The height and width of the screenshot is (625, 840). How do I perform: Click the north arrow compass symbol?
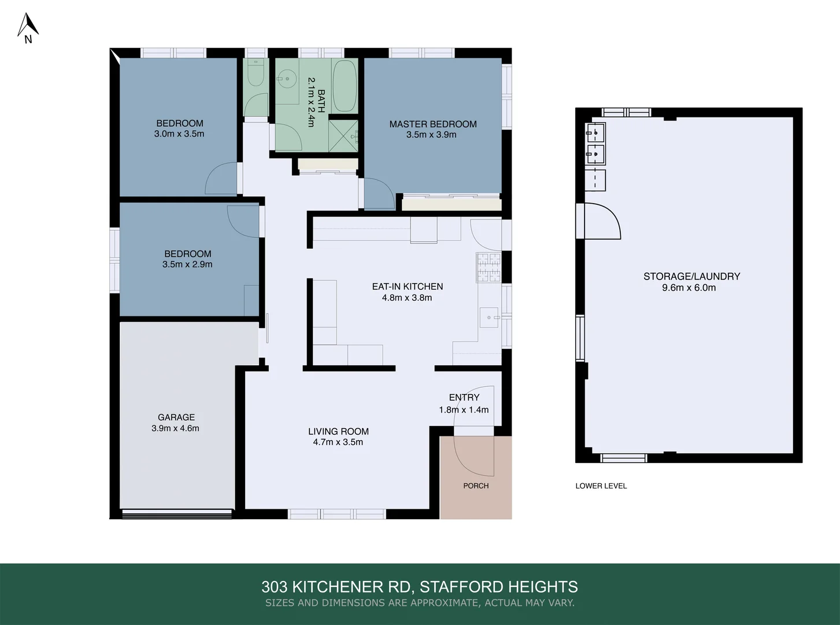27,28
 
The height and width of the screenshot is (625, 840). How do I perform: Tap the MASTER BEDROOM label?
432,124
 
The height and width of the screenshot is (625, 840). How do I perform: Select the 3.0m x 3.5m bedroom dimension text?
179,134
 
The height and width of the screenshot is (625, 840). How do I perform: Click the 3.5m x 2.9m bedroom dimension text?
187,264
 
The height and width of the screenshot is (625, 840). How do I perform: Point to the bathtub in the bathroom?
345,86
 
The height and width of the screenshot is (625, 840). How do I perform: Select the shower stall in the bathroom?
343,135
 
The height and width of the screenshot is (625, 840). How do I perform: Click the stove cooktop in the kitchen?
489,267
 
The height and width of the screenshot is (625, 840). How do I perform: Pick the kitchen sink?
490,317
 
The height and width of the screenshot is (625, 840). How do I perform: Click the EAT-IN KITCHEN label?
407,286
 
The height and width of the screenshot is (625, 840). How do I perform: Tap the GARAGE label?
176,417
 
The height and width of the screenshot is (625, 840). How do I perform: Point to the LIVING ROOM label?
338,431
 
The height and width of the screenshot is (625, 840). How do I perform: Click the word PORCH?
476,486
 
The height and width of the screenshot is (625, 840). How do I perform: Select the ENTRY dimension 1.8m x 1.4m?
464,410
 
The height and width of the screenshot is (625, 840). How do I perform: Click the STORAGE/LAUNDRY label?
691,276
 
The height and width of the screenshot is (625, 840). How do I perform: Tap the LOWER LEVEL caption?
601,486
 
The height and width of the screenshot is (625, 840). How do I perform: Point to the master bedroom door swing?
379,194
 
